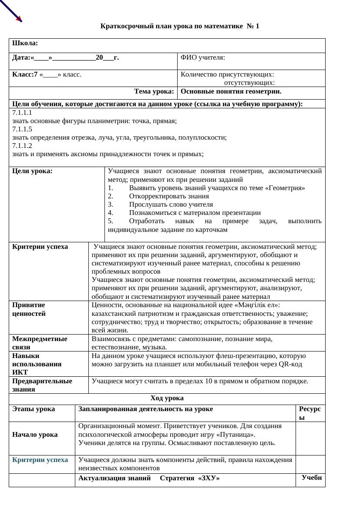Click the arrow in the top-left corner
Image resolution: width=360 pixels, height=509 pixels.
[x=10, y=10]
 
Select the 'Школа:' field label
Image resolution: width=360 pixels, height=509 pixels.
[x=25, y=44]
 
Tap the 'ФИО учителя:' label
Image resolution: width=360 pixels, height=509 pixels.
[x=203, y=57]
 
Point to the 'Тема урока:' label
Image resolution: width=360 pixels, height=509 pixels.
[x=154, y=91]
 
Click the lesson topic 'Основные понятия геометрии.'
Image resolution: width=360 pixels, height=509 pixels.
[x=231, y=91]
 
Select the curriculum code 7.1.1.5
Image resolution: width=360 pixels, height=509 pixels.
[x=22, y=129]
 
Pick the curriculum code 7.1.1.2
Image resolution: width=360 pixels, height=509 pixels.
[x=22, y=146]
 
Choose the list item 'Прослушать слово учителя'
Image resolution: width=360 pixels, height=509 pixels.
[x=171, y=204]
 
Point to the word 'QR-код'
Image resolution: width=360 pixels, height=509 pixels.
[x=290, y=364]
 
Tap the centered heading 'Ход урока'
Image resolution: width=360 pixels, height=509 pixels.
[x=167, y=398]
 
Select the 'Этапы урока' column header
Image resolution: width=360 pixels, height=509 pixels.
[x=34, y=409]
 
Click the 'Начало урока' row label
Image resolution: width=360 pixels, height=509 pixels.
[x=35, y=435]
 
